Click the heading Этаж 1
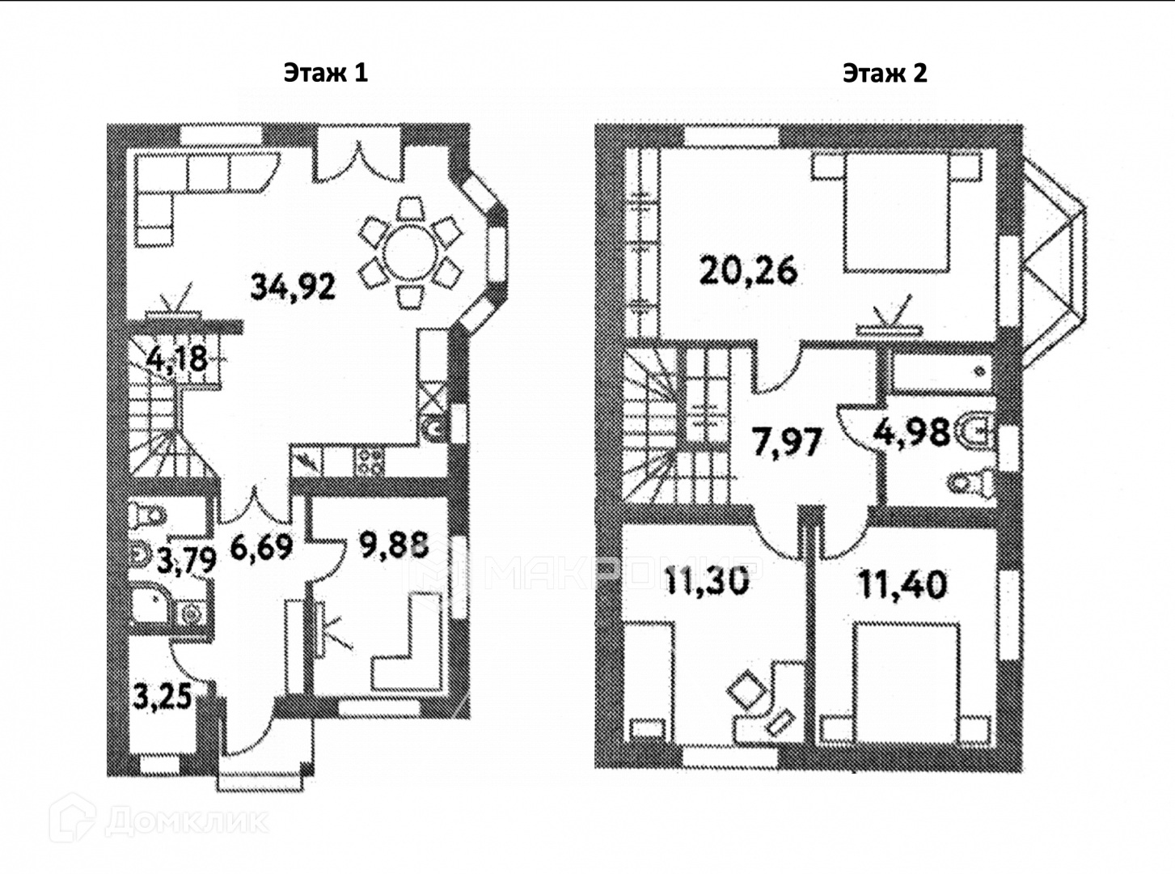pos(325,73)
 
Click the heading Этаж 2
pos(885,74)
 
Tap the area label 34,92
pos(292,286)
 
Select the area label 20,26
pos(749,269)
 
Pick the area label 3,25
pos(162,698)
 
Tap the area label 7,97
pos(787,443)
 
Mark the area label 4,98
pos(912,433)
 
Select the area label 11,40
pos(902,583)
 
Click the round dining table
pos(410,252)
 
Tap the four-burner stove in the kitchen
pos(370,461)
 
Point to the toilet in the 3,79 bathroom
pos(148,514)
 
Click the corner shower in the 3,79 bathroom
pos(151,603)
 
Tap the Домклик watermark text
pos(186,823)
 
